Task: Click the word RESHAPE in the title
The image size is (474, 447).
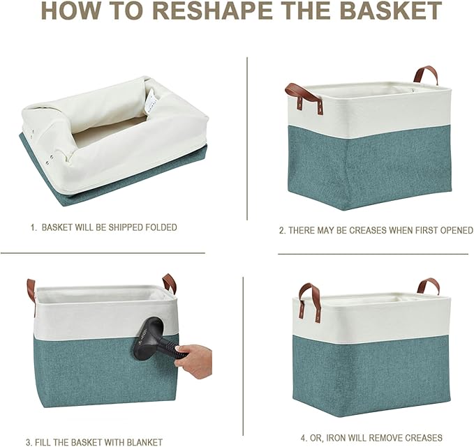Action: point(216,10)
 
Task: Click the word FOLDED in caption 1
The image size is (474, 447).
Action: point(161,227)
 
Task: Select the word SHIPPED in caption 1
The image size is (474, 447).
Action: point(126,227)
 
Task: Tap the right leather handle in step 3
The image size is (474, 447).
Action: point(169,282)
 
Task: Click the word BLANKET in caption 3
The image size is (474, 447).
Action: point(144,443)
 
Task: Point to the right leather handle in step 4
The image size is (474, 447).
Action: point(428,287)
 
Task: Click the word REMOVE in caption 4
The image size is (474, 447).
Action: point(385,437)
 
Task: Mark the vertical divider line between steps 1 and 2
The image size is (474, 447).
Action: point(247,138)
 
